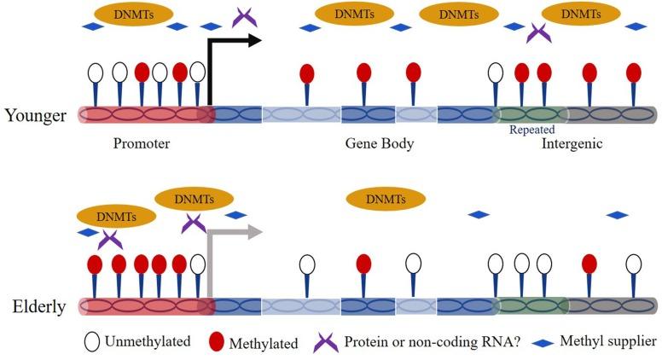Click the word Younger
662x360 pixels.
tap(35, 114)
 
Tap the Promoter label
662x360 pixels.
tap(142, 143)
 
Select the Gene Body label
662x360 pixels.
tap(380, 143)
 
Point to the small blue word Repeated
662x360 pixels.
tap(531, 130)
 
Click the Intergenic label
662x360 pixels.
tap(572, 143)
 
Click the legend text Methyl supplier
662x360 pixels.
tap(607, 342)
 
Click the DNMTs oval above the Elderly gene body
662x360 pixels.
tap(385, 200)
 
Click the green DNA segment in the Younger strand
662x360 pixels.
tap(531, 114)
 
